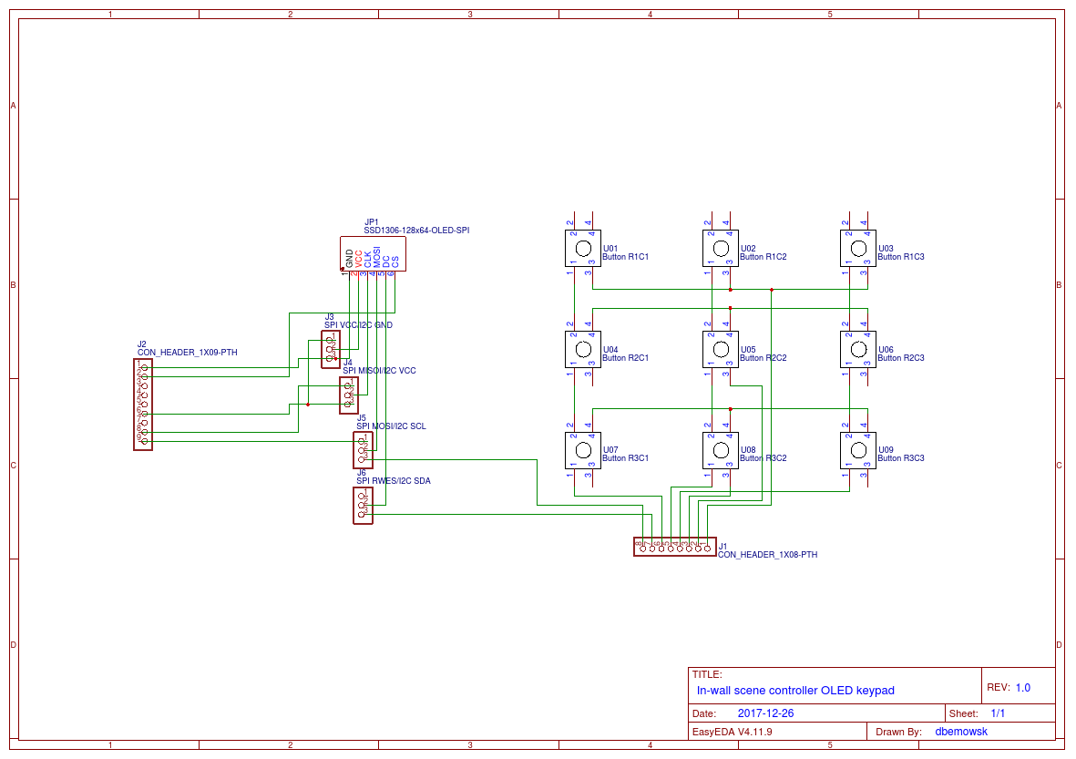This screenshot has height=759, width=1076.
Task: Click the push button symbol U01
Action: (x=581, y=248)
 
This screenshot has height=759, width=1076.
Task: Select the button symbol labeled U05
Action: (x=720, y=349)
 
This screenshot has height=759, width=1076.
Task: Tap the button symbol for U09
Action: (x=857, y=450)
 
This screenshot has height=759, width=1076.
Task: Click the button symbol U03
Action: (x=857, y=248)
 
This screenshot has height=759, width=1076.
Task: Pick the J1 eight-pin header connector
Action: (x=674, y=547)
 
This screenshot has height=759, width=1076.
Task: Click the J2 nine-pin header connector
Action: (x=142, y=404)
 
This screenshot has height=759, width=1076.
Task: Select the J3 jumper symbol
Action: (x=330, y=350)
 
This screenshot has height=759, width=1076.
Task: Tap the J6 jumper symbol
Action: (x=363, y=505)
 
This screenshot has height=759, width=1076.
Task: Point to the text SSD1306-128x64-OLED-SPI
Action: (x=416, y=231)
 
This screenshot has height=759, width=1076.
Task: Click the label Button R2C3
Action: (x=900, y=358)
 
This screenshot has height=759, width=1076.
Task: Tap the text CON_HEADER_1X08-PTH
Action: (x=767, y=554)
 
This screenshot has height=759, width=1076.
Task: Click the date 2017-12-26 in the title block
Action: (x=765, y=713)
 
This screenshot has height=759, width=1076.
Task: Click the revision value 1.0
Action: (x=1022, y=688)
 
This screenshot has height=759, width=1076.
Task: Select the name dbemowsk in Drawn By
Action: (x=961, y=732)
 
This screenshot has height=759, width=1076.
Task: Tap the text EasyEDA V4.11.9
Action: (x=733, y=732)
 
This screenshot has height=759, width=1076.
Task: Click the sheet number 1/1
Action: (x=998, y=713)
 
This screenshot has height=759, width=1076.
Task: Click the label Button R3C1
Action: (x=625, y=458)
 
